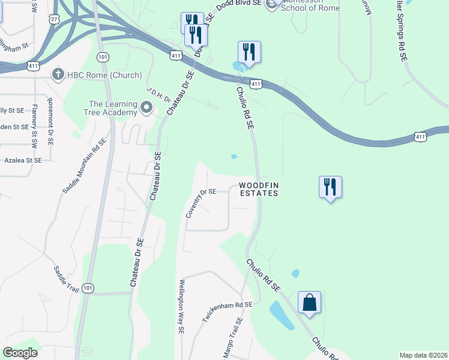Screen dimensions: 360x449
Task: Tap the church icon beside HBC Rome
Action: pos(58,75)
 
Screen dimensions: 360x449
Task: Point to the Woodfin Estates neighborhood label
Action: pos(259,189)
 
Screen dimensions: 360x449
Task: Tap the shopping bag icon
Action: pos(309,302)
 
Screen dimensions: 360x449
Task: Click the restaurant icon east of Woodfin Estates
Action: pos(330,187)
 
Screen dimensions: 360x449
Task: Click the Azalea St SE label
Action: pos(21,161)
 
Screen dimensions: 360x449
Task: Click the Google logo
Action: pos(20,353)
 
